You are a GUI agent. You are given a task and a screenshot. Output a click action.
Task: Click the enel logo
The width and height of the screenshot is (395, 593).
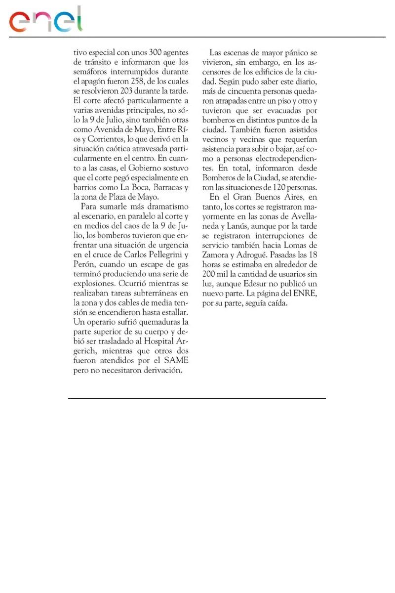point(46,21)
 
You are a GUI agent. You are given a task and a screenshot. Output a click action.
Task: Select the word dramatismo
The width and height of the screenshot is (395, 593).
point(164,207)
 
